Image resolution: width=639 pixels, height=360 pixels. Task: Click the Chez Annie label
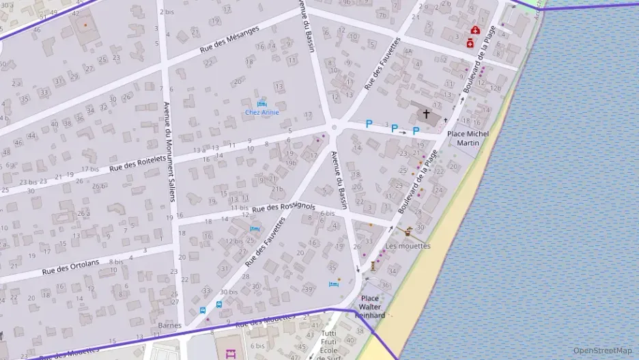pos(262,113)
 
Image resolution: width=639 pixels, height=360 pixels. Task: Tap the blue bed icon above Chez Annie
pos(261,103)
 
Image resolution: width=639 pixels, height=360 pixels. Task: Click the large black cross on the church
pos(427,114)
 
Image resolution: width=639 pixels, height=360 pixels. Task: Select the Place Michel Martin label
pos(468,139)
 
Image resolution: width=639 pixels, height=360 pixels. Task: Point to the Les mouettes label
pos(408,246)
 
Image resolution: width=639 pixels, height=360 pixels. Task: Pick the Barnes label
pos(169,326)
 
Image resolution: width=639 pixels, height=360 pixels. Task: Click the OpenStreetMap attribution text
pos(602,350)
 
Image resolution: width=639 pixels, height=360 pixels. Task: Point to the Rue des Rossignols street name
pos(283,207)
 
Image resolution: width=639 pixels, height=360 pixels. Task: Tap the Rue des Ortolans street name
pos(70,266)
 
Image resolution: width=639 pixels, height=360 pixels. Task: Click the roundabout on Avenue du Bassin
pos(334,126)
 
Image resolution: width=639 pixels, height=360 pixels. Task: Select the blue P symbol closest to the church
pos(415,131)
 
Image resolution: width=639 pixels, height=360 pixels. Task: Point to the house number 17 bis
pos(90,169)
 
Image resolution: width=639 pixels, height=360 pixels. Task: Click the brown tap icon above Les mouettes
pos(408,230)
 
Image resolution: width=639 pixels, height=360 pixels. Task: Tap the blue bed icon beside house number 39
pos(334,284)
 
